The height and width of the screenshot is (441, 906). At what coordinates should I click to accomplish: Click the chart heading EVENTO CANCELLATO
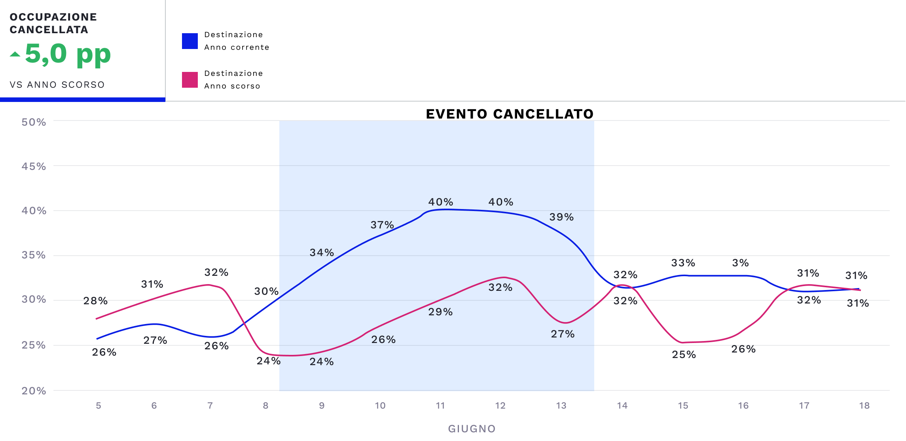[x=510, y=114]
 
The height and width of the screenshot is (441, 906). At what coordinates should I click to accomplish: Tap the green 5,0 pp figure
[x=68, y=54]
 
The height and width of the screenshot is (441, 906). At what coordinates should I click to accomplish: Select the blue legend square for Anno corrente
[x=190, y=41]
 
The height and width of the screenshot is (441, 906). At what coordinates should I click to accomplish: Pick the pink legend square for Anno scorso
[x=190, y=80]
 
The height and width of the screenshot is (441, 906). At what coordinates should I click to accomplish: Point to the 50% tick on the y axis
[x=34, y=122]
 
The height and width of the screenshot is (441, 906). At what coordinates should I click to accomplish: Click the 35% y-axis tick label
[x=34, y=255]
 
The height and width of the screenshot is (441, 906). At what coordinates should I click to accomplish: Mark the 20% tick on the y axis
[x=34, y=391]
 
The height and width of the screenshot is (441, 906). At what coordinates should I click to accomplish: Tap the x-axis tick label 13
[x=561, y=405]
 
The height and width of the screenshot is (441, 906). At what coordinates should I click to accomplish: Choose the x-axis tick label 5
[x=99, y=405]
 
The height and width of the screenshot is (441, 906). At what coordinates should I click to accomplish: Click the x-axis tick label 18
[x=864, y=405]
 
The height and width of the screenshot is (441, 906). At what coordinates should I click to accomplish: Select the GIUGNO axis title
[x=472, y=429]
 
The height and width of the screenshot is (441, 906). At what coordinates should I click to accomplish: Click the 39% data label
[x=561, y=217]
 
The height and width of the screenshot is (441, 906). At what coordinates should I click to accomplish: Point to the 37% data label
[x=382, y=225]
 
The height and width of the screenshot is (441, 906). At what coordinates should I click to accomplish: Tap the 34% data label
[x=322, y=253]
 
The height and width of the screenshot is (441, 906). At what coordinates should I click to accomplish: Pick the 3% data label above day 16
[x=740, y=263]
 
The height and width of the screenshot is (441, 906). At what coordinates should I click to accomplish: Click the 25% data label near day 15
[x=684, y=354]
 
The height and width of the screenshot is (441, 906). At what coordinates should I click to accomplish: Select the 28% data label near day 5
[x=95, y=301]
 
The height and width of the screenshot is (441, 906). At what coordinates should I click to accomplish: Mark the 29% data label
[x=440, y=312]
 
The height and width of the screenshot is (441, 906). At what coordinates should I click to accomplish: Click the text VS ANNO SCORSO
[x=57, y=85]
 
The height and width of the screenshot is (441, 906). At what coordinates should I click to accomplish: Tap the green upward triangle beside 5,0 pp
[x=15, y=54]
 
